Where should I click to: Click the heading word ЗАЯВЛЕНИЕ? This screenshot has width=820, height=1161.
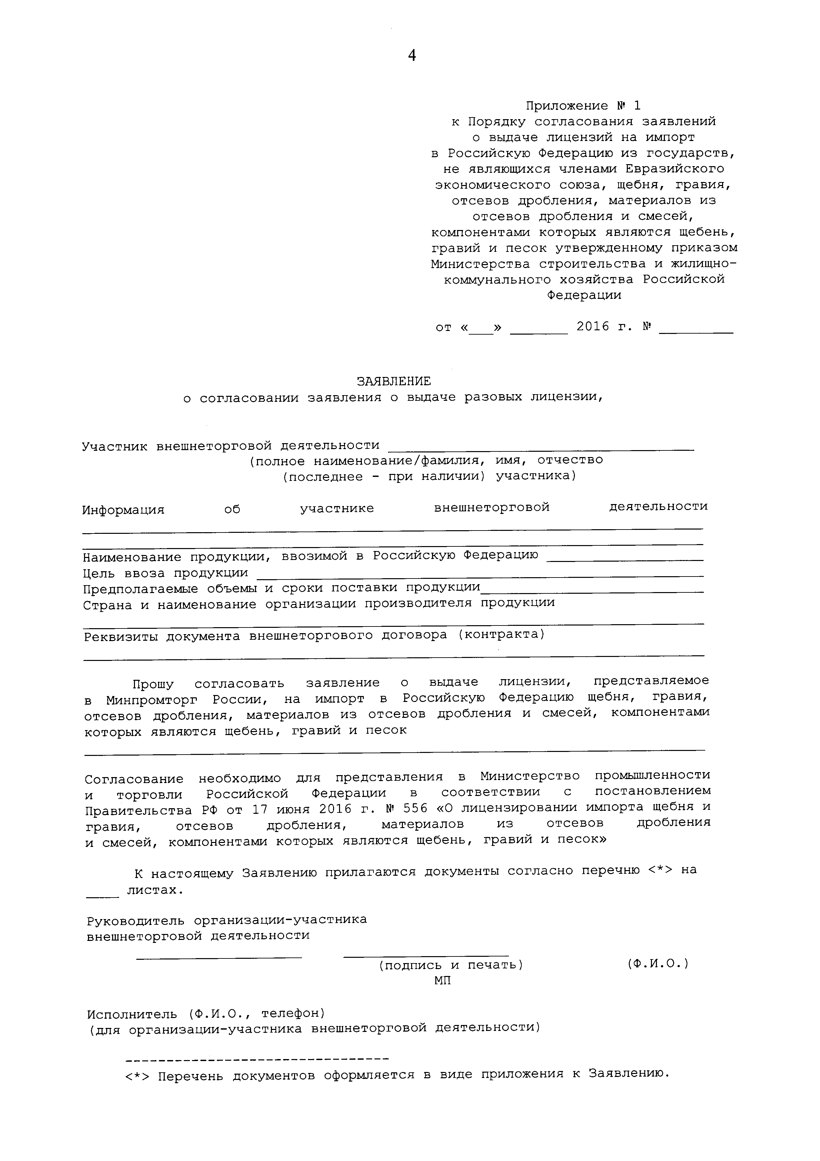(394, 381)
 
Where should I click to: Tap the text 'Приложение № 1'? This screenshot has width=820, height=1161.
(583, 106)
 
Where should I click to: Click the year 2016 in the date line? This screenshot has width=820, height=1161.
(593, 327)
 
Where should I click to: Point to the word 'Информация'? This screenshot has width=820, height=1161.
(123, 510)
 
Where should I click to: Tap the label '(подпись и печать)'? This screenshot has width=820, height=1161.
(451, 965)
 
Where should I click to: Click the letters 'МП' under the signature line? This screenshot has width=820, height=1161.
(442, 981)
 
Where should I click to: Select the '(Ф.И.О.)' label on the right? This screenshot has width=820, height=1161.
(658, 964)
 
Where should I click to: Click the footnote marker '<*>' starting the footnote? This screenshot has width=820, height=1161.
(137, 1076)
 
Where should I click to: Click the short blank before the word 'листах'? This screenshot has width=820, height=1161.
(103, 897)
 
